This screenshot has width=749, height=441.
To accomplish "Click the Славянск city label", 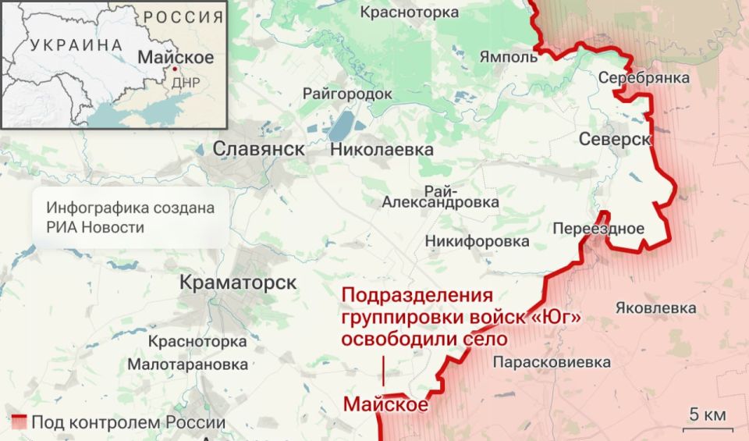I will click(x=259, y=148).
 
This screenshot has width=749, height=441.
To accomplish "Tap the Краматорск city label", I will click(x=238, y=282).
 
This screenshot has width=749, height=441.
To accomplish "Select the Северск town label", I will click(x=616, y=139).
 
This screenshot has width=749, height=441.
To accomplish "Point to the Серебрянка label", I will click(x=644, y=78).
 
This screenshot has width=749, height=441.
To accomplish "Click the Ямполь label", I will click(x=509, y=57).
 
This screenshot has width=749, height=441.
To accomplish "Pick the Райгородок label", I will click(x=347, y=94).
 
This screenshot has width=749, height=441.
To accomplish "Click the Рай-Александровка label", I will click(x=441, y=197).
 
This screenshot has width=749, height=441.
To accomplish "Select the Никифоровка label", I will click(x=477, y=242).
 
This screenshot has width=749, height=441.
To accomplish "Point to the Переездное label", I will click(x=598, y=229).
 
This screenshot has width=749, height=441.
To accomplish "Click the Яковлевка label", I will click(x=655, y=308).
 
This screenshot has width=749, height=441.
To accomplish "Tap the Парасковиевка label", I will click(x=552, y=362).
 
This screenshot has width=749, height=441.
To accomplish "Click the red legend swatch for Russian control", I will click(x=20, y=422).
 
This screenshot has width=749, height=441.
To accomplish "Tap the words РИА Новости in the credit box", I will click(x=95, y=227).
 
